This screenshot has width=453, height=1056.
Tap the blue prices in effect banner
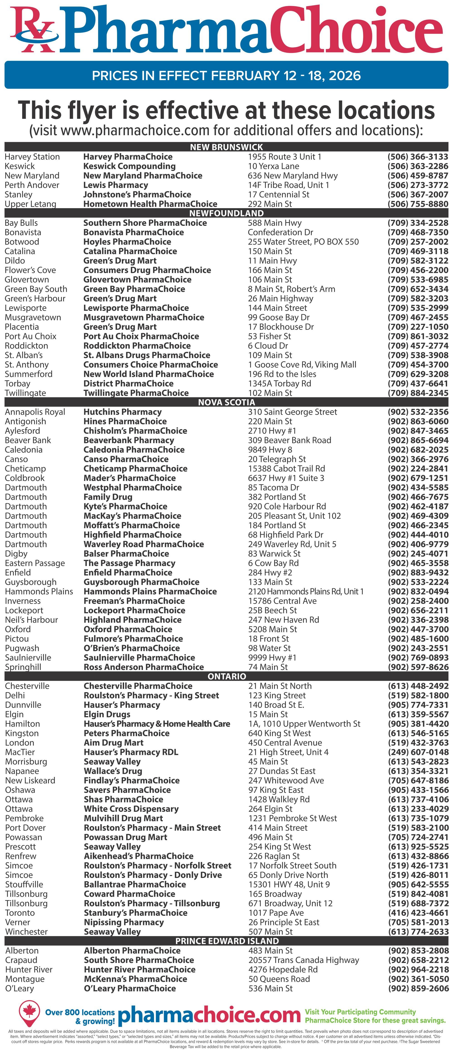click(226, 75)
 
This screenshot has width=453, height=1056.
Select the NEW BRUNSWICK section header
click(226, 147)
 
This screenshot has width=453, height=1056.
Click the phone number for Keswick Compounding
click(418, 166)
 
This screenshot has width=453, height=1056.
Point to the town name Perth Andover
click(32, 185)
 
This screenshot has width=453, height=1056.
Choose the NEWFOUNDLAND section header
click(226, 213)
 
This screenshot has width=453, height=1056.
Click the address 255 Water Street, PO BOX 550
click(303, 242)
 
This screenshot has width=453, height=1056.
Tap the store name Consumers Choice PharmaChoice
click(151, 365)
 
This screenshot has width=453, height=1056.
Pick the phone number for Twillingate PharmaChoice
click(418, 393)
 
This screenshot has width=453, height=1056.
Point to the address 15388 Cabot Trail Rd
click(286, 469)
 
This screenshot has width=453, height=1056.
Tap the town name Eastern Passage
click(35, 563)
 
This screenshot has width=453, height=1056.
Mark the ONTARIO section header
click(226, 676)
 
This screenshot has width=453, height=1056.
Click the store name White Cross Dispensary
click(131, 809)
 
